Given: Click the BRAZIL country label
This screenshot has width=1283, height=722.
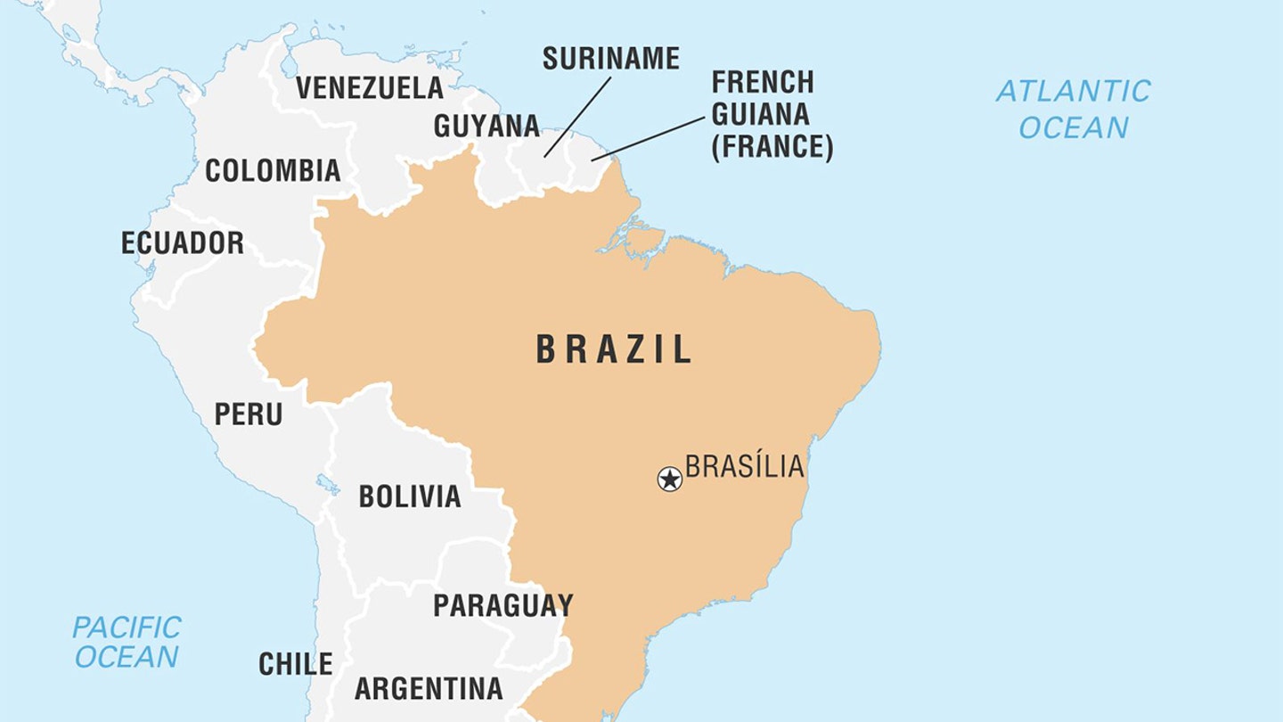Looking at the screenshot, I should click(613, 349).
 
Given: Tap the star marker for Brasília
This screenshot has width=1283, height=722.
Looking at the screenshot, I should click(669, 479).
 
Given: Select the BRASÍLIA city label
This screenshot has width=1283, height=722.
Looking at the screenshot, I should click(744, 466).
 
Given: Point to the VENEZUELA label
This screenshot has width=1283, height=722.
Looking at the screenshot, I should click(369, 87).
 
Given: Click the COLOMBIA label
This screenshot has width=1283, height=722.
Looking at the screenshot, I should click(273, 170).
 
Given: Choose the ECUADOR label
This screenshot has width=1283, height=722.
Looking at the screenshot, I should click(182, 242).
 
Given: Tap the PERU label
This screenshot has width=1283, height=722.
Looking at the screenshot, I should click(248, 414).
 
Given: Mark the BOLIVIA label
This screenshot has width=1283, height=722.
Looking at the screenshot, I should click(409, 496).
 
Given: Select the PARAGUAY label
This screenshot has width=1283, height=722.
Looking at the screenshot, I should click(503, 605).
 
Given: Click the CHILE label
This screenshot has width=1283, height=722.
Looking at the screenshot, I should click(295, 664).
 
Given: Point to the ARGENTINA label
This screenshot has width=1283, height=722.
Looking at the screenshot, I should click(429, 688).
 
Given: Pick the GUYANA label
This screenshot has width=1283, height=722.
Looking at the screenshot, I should click(486, 126).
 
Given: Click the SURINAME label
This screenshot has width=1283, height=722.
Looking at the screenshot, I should click(610, 59).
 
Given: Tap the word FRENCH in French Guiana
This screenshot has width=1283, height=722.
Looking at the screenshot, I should click(762, 82).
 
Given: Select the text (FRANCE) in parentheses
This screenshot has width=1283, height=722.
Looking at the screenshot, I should click(772, 146).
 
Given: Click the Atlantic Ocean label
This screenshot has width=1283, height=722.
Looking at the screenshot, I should click(1073, 109).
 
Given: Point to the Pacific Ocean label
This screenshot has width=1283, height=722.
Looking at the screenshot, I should click(127, 642).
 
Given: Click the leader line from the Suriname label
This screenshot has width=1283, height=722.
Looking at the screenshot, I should click(577, 117).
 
